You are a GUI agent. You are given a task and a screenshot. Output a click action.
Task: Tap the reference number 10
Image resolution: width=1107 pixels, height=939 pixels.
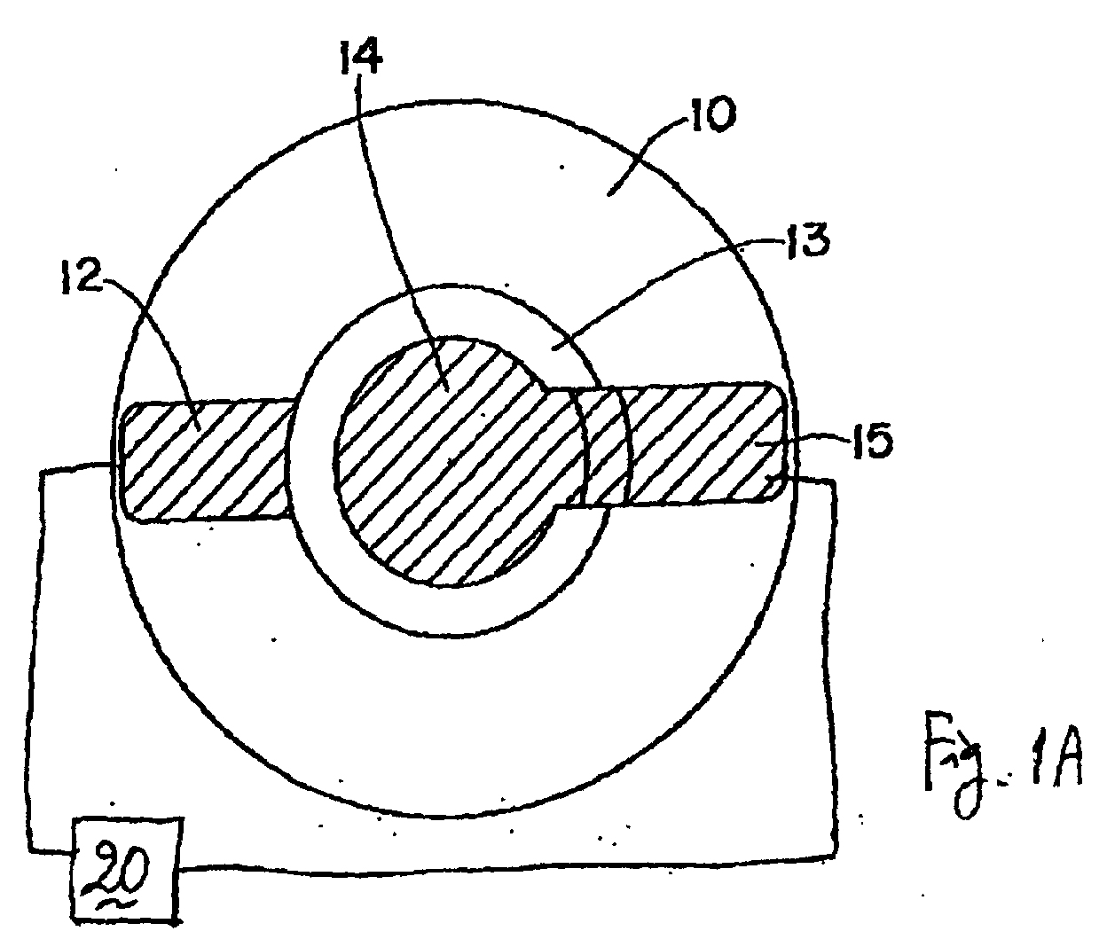(713, 114)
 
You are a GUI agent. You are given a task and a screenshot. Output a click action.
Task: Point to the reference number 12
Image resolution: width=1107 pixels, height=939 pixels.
(81, 278)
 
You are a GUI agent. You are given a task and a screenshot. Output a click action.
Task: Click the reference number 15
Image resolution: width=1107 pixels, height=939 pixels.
(872, 440)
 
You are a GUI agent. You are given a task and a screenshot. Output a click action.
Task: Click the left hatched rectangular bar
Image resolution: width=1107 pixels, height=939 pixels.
(206, 461)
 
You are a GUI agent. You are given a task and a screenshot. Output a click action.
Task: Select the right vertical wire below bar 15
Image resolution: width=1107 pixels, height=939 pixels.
(832, 669)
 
